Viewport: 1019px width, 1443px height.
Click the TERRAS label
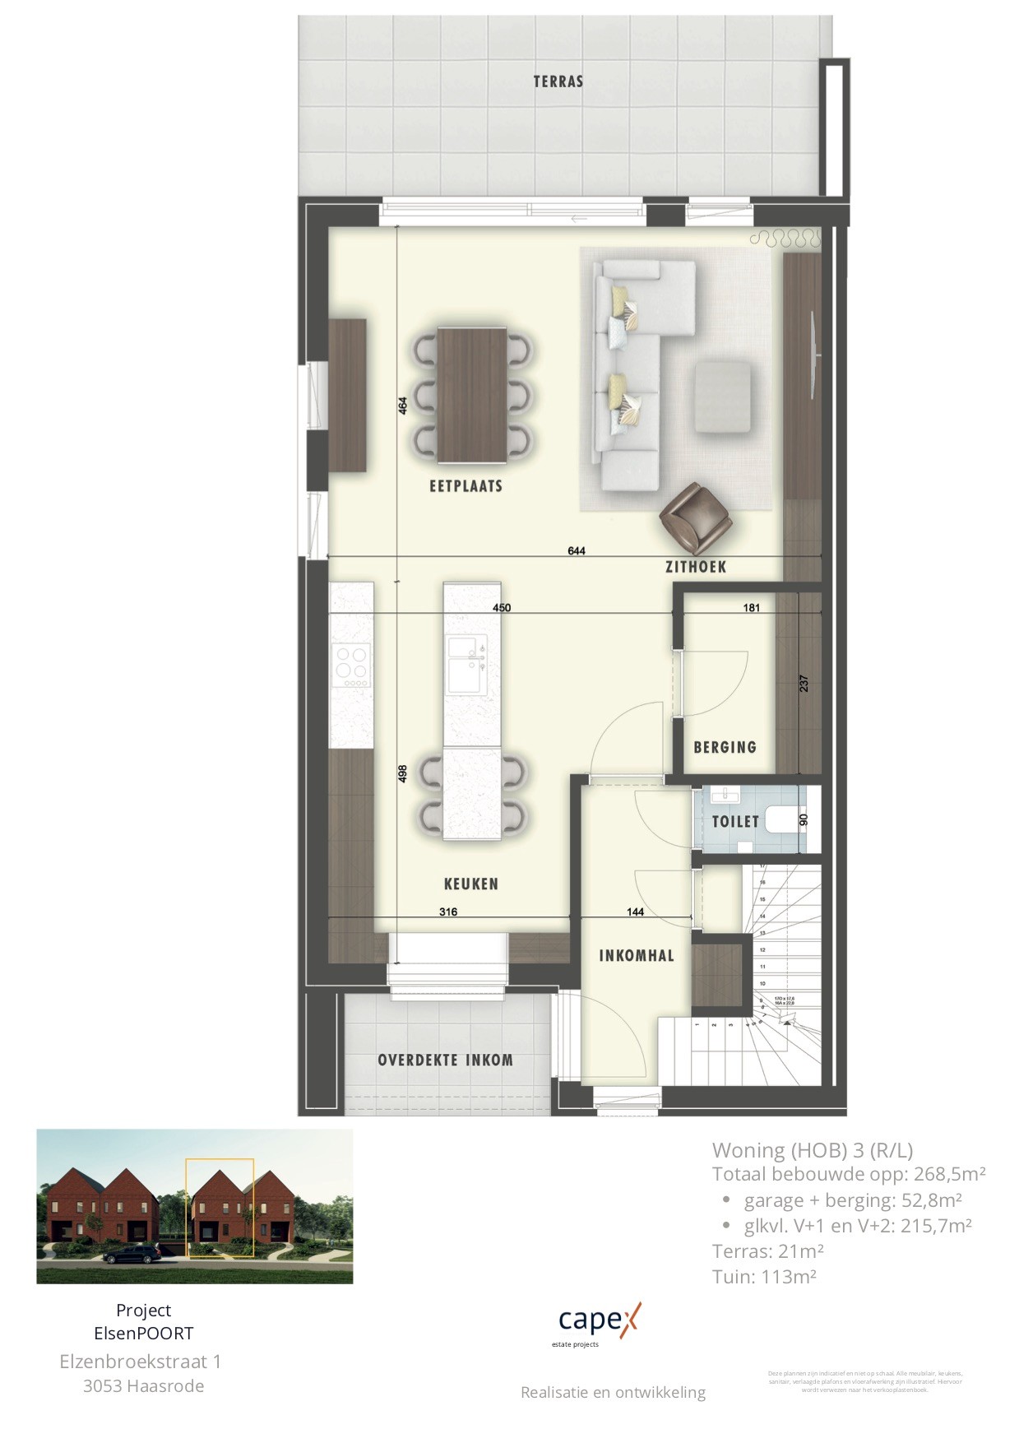click(558, 81)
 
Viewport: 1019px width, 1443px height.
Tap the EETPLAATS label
click(465, 486)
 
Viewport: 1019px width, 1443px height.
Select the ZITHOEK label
click(696, 567)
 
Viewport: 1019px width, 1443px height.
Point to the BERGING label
click(725, 747)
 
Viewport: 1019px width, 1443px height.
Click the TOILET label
click(735, 821)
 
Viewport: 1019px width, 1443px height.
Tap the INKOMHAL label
click(636, 955)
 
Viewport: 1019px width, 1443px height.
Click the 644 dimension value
click(577, 551)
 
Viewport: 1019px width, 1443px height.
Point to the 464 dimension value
click(403, 406)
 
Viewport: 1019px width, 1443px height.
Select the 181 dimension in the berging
click(751, 608)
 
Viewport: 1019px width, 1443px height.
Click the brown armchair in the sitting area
click(696, 518)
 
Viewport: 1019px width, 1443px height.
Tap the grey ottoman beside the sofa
click(722, 397)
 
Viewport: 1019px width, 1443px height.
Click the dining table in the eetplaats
click(472, 396)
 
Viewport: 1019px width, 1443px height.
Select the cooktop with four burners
click(351, 666)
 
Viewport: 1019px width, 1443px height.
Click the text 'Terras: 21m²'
click(767, 1251)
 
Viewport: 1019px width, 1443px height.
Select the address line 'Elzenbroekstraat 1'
click(141, 1362)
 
